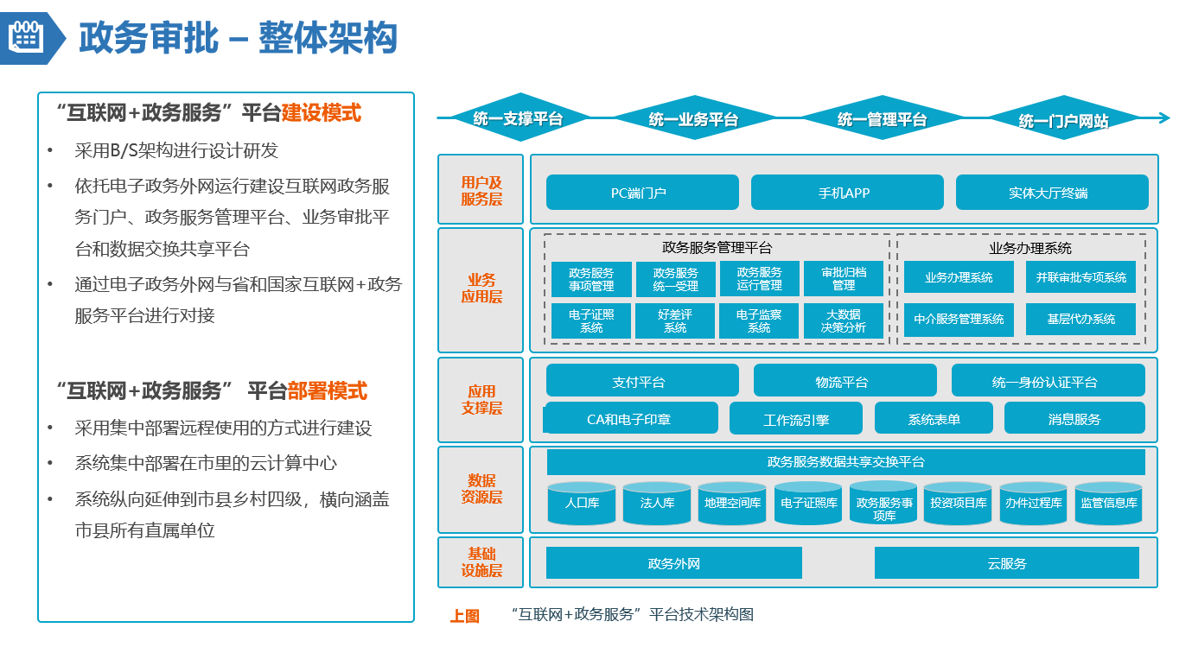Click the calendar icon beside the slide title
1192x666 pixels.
coord(25,36)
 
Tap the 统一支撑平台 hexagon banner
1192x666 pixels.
coord(518,118)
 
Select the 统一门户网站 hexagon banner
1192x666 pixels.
coord(1063,120)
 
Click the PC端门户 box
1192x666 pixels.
coord(642,193)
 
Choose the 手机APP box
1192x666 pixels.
coord(847,193)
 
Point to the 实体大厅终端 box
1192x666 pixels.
coord(1052,193)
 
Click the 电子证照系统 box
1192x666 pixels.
coord(591,320)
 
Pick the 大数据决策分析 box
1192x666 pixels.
coord(844,320)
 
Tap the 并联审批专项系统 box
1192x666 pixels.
coord(1080,277)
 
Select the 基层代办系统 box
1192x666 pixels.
coord(1080,319)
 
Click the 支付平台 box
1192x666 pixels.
coord(642,381)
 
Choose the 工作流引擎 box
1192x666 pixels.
coord(795,419)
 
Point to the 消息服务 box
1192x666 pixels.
coord(1074,419)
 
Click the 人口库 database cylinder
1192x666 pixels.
coord(582,503)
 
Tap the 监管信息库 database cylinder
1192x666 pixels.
coord(1109,503)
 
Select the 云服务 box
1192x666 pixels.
coord(1006,563)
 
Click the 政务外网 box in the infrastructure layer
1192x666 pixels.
coord(673,563)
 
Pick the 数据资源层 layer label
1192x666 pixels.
coord(481,489)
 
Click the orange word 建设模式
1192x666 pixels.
coord(322,113)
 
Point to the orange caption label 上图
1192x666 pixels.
coord(464,616)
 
